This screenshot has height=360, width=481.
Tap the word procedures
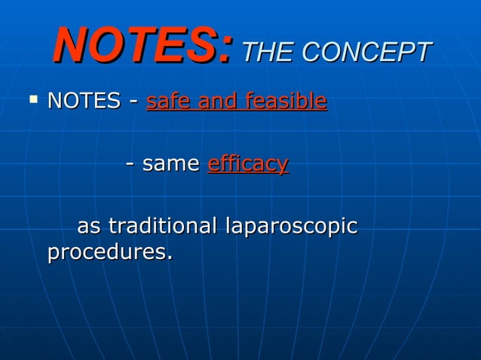(x=106, y=253)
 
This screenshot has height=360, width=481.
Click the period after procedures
(x=168, y=259)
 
